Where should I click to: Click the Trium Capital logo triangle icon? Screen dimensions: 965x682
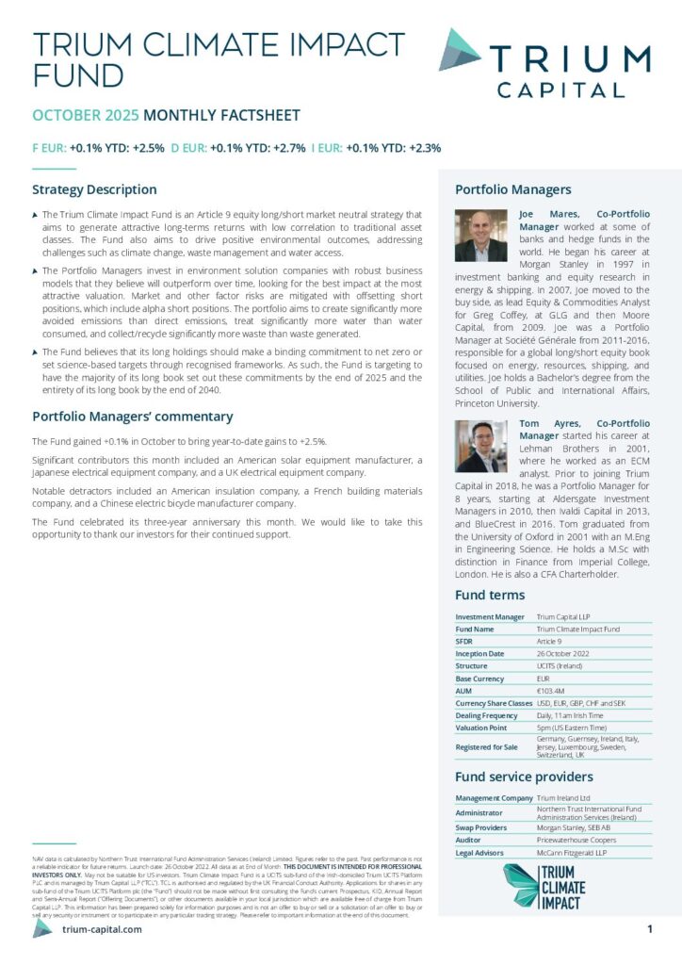click(460, 49)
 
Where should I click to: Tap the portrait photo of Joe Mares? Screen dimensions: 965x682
click(482, 236)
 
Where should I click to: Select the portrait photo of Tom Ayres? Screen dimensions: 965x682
click(482, 446)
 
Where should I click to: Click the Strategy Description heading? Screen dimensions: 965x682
click(94, 189)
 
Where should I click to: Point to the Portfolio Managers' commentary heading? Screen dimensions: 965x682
click(132, 416)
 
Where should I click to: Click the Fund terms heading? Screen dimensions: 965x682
click(490, 595)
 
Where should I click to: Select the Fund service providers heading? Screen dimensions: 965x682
click(524, 777)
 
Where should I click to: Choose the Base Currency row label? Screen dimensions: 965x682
click(480, 679)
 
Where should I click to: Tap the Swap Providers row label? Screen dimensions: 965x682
click(482, 827)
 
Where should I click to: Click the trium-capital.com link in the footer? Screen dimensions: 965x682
click(102, 929)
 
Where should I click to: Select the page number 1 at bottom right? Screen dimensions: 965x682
click(650, 929)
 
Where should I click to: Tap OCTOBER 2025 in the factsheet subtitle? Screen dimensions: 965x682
click(86, 116)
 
